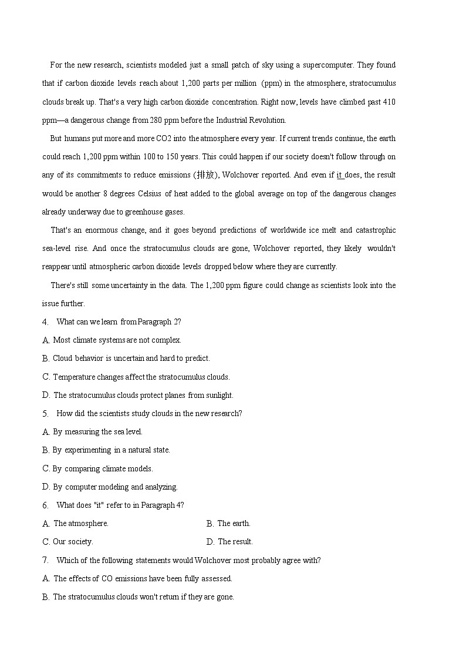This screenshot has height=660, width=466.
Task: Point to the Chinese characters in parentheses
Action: click(x=205, y=175)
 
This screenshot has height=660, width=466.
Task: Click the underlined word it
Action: click(x=339, y=175)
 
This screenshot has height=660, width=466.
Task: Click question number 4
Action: click(x=45, y=322)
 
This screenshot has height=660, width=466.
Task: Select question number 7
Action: click(x=45, y=561)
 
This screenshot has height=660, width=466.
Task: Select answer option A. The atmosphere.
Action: click(x=76, y=524)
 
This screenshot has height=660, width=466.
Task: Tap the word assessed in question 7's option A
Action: click(x=217, y=579)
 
